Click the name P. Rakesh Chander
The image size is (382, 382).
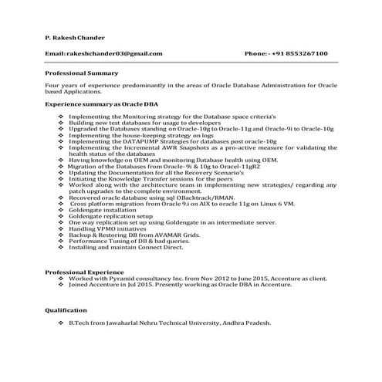tap(76, 36)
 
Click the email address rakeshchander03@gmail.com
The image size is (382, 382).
tap(114, 53)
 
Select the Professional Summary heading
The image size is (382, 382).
tap(81, 72)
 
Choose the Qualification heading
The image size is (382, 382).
tap(66, 309)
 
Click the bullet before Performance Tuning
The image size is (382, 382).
tap(62, 242)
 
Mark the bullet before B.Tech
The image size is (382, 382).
tap(62, 323)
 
